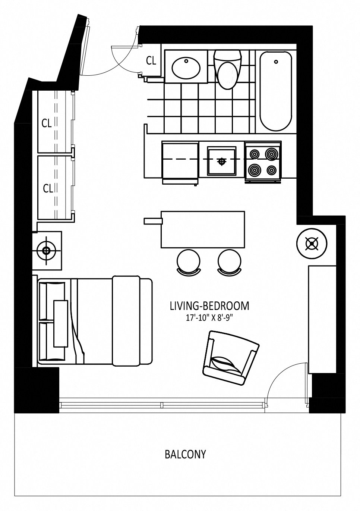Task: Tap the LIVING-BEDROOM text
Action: (x=209, y=306)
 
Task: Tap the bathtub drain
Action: (x=276, y=62)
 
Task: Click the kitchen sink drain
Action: (x=221, y=162)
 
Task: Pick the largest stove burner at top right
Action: (x=273, y=153)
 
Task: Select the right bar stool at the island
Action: (x=229, y=262)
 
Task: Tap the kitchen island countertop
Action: (x=203, y=229)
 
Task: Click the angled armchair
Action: (x=231, y=358)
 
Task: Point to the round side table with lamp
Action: (x=312, y=244)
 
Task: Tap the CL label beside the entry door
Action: (x=151, y=61)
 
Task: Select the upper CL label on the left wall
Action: (x=47, y=123)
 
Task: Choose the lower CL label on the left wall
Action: (x=48, y=189)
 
